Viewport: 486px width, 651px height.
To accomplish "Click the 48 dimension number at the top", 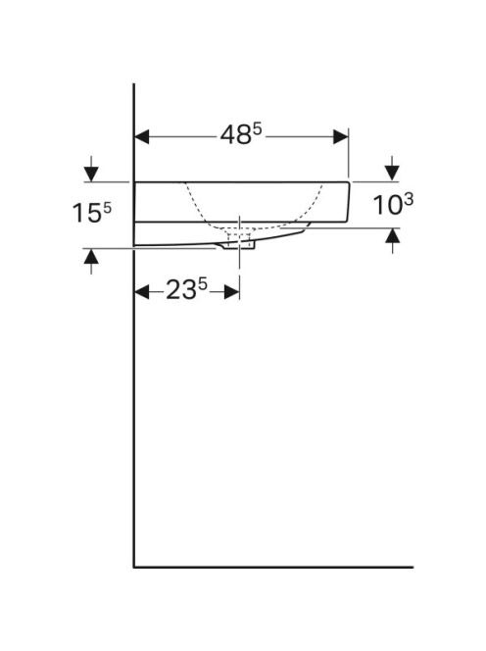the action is pyautogui.click(x=235, y=135).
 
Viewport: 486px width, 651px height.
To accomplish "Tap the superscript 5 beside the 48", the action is pyautogui.click(x=258, y=129).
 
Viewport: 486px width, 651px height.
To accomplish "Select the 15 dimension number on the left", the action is pyautogui.click(x=87, y=213).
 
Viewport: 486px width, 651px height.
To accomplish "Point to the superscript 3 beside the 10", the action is pyautogui.click(x=409, y=200).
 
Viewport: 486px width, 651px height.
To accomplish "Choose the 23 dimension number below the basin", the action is pyautogui.click(x=181, y=289).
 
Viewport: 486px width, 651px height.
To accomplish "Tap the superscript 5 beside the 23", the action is pyautogui.click(x=202, y=284).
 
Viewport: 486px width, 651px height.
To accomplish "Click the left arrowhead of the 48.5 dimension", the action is pyautogui.click(x=142, y=136).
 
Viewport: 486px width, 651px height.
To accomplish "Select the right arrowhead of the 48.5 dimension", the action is pyautogui.click(x=341, y=136).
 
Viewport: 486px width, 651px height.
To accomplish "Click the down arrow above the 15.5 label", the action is pyautogui.click(x=91, y=169).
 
